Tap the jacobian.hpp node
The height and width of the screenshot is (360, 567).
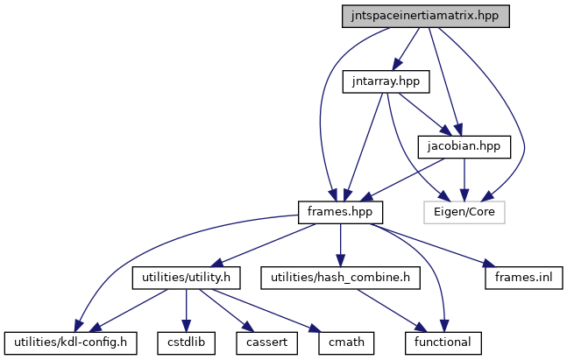click(464, 146)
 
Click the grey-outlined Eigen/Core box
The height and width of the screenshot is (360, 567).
click(464, 211)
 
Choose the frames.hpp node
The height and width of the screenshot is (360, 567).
click(339, 211)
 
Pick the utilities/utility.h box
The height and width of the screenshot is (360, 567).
click(186, 278)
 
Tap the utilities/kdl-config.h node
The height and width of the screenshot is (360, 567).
click(71, 342)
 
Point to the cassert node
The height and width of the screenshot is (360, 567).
click(261, 342)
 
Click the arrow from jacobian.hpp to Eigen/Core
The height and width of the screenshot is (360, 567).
click(464, 179)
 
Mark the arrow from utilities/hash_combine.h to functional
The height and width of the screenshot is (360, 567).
click(390, 309)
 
